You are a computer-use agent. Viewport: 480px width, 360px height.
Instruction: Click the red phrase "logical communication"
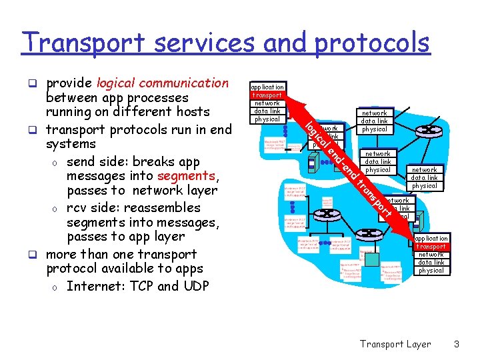[163, 83]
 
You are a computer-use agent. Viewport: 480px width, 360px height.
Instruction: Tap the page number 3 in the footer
[457, 344]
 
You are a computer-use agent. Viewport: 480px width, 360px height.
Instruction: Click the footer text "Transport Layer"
[395, 344]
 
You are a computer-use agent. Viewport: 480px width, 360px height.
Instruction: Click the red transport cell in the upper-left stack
[267, 95]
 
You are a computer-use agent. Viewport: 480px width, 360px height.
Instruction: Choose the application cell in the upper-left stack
[267, 87]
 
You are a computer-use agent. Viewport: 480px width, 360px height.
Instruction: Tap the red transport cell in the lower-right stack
[431, 247]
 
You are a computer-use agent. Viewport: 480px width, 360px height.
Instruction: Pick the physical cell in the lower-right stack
[431, 271]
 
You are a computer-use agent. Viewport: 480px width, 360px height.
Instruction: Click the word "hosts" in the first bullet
[193, 112]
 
